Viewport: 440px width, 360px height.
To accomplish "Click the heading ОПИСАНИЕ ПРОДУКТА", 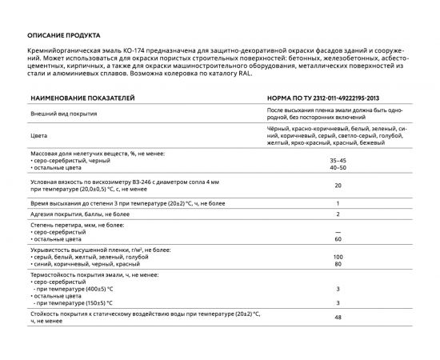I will (x=63, y=37).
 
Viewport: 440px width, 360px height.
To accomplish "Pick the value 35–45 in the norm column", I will (x=338, y=161).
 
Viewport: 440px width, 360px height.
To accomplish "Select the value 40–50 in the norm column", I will (x=338, y=168).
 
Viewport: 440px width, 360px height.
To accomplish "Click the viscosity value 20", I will (x=338, y=186).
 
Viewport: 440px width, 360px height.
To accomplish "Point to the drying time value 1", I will (x=338, y=204).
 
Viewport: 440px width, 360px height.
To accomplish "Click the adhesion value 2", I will (x=338, y=214).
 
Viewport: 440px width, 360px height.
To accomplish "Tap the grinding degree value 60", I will (x=338, y=239).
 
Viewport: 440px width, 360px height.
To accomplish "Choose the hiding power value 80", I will (x=338, y=264).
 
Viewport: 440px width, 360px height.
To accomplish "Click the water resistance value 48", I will (x=338, y=318).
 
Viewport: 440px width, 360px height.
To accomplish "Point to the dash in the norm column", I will (x=338, y=233).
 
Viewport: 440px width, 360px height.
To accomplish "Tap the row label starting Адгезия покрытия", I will (x=73, y=214).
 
